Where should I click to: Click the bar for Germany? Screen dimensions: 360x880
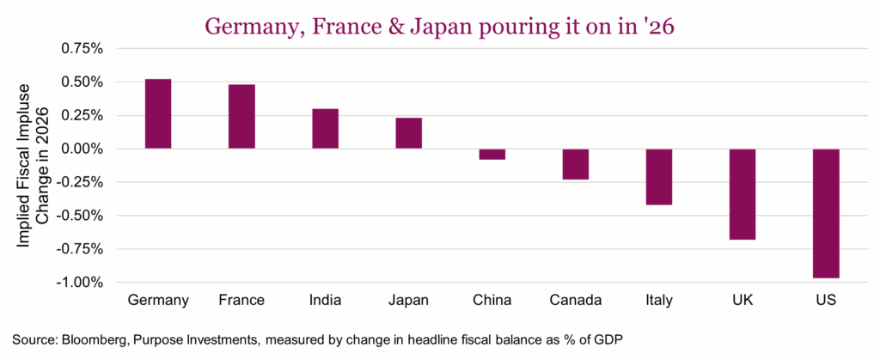point(158,113)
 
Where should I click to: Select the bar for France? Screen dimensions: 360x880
point(241,116)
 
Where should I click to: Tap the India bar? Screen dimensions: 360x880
point(325,129)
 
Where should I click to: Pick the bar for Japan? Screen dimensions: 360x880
point(408,133)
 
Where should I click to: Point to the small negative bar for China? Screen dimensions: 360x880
point(492,154)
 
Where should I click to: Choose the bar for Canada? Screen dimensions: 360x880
point(575,164)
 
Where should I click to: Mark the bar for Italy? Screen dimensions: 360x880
point(659,177)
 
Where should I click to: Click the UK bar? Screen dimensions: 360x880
point(742,194)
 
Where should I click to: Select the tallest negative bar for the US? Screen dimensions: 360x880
point(826,213)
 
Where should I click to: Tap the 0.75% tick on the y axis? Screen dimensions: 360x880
point(79,49)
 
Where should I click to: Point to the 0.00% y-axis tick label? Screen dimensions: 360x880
point(79,149)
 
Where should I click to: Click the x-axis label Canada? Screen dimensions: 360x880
point(575,301)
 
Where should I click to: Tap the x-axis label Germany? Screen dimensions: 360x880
point(158,301)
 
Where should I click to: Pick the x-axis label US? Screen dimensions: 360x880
point(826,301)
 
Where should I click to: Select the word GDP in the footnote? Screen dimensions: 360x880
point(623,339)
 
